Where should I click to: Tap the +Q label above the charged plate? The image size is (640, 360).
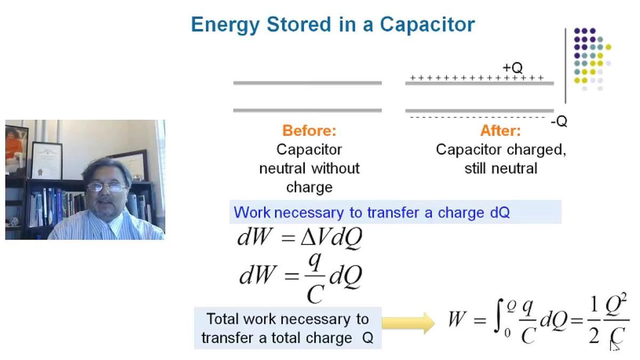(512, 68)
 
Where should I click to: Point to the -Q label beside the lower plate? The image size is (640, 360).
(559, 122)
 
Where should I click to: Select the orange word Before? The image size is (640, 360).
(309, 131)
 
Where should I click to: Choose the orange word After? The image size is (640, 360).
(500, 131)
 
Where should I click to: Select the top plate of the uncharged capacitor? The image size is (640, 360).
(307, 83)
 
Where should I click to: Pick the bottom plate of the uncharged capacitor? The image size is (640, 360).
(307, 110)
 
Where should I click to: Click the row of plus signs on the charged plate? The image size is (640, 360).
(477, 78)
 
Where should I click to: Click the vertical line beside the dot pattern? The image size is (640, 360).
(566, 65)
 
